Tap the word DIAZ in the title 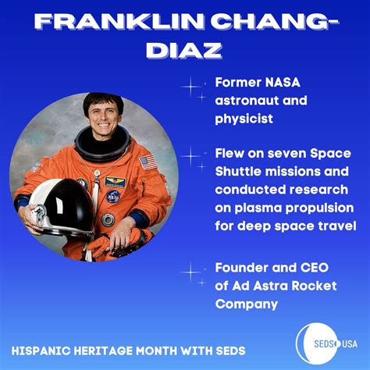[x=184, y=51]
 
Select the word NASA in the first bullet [x=281, y=84]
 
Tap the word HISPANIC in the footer [x=47, y=350]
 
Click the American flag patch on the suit [x=147, y=163]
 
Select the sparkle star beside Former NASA [x=192, y=86]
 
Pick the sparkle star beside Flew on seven [x=192, y=157]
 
